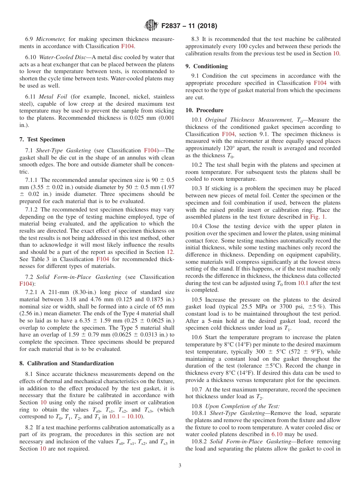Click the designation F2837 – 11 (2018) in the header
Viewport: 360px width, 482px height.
(189, 26)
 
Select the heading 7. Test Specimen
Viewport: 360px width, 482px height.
(42, 139)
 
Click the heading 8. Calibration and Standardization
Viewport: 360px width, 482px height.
(66, 363)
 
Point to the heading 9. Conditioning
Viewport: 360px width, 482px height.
(207, 66)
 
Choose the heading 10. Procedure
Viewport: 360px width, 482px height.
(204, 110)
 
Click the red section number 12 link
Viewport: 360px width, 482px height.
(171, 252)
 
